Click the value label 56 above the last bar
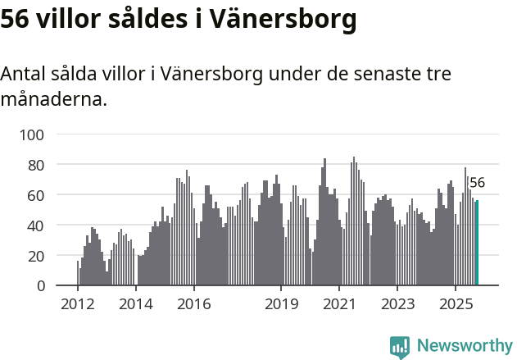[x=477, y=183]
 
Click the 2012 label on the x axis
[x=78, y=305]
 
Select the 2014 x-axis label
[x=136, y=305]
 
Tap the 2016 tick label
[x=193, y=305]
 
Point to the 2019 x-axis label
[x=281, y=305]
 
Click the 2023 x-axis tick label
[x=397, y=305]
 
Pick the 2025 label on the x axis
[x=456, y=305]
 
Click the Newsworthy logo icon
[x=400, y=347]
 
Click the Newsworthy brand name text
[x=465, y=346]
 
